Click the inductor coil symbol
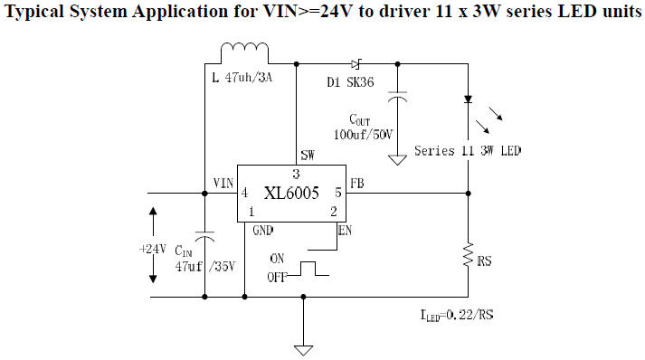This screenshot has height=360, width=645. [241, 53]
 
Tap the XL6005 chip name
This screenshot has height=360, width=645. [291, 193]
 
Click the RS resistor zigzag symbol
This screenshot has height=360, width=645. [469, 255]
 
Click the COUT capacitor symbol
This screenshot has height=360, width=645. [396, 97]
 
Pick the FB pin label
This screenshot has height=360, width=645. [357, 183]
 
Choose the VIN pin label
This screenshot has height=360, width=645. [223, 183]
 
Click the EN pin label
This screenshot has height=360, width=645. [344, 230]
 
